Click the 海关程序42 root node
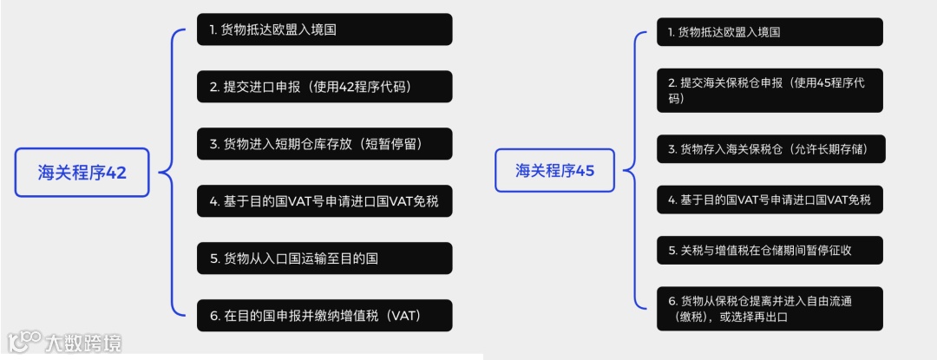tap(82, 172)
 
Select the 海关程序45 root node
tap(555, 170)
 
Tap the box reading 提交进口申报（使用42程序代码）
tap(324, 87)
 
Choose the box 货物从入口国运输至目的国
tap(324, 259)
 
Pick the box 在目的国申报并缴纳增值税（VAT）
tap(324, 316)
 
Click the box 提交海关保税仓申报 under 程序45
tap(769, 90)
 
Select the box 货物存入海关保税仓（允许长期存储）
tap(769, 149)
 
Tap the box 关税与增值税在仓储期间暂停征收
tap(769, 251)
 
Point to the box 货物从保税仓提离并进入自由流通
tap(769, 309)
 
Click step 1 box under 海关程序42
tap(324, 29)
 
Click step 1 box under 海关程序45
tap(769, 32)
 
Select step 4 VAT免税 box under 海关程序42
tap(324, 201)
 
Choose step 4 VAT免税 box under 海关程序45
tap(769, 200)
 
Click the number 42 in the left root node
tap(115, 172)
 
